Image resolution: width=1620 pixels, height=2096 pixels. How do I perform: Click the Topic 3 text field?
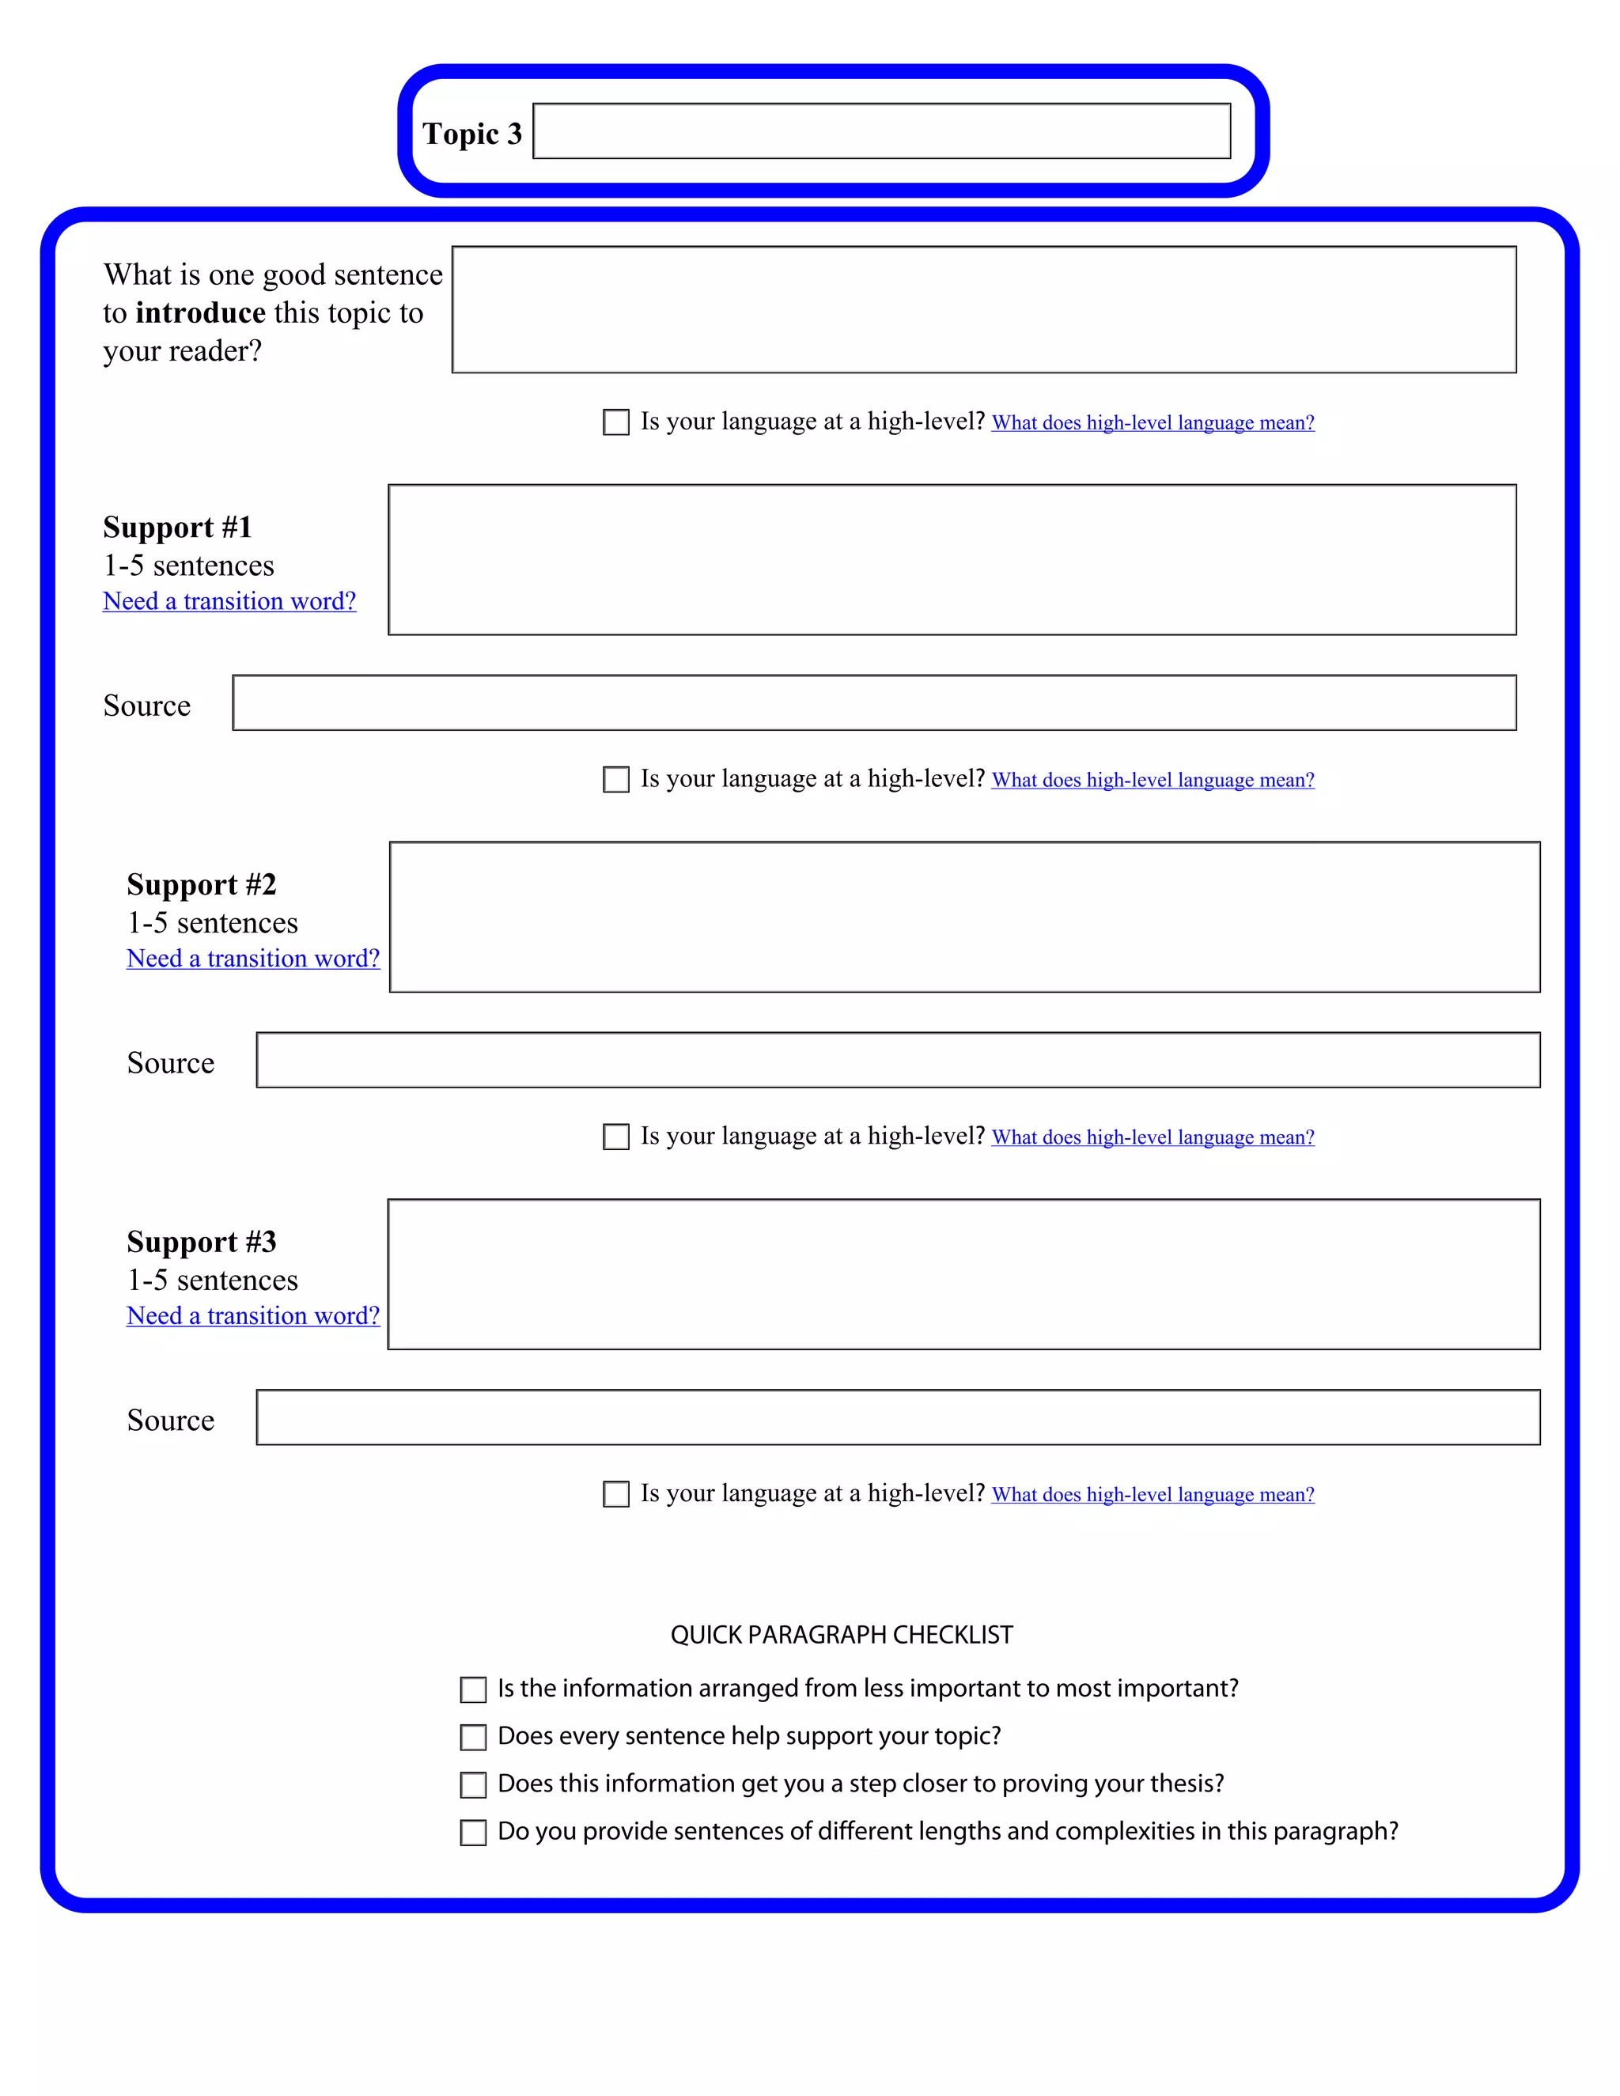[881, 131]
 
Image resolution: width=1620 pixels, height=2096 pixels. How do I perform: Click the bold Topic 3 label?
[471, 134]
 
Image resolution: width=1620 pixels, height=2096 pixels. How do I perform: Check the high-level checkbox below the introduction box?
[615, 422]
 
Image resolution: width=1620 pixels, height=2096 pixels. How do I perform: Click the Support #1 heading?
[177, 527]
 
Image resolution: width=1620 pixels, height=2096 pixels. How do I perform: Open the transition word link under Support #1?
[229, 602]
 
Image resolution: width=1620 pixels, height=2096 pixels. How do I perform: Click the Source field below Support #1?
[873, 702]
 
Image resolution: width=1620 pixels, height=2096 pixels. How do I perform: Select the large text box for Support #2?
[963, 917]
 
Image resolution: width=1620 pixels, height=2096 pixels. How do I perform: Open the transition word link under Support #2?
[253, 959]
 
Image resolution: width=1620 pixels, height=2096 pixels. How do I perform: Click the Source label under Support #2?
[171, 1062]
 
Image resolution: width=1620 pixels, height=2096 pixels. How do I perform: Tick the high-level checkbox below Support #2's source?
[615, 1137]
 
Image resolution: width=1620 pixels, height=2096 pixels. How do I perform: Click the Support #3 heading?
[202, 1242]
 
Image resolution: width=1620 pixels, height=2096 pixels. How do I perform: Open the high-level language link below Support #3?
[1152, 1495]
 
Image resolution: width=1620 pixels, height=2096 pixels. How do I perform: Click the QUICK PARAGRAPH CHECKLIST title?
[841, 1634]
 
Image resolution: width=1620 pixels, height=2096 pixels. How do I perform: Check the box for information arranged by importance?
[473, 1690]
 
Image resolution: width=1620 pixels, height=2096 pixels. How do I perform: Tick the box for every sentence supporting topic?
[473, 1737]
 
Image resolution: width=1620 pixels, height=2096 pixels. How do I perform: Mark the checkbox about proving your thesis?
[473, 1785]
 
